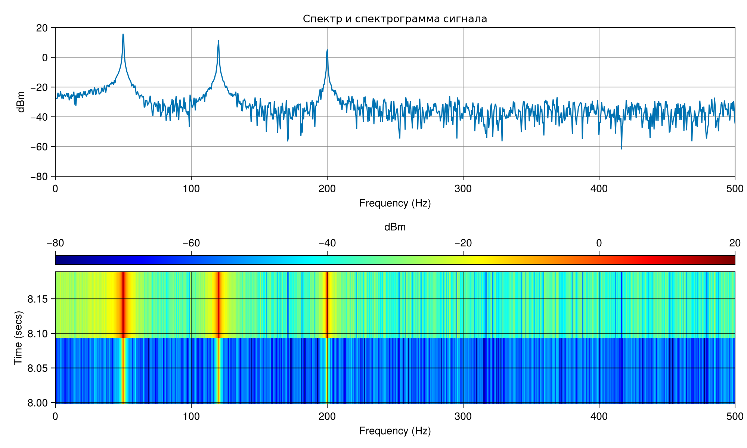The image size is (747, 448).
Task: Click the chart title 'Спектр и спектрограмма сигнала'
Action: coord(395,19)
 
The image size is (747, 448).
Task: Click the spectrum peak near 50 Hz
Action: coord(123,34)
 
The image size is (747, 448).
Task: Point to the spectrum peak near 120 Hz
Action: coord(218,41)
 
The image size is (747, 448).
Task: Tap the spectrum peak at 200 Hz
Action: coord(327,50)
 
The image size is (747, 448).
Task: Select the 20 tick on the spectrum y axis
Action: coord(42,28)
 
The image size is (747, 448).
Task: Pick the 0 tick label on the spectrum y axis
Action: coord(45,57)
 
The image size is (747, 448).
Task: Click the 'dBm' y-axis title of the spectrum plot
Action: coord(21,102)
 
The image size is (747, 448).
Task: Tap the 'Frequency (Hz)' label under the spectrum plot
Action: coord(395,203)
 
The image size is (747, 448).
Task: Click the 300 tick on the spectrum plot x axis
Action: coord(463,189)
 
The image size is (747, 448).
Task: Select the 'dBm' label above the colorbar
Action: coord(395,227)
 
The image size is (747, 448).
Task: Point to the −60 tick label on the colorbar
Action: coord(191,243)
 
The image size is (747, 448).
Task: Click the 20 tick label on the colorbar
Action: coord(735,243)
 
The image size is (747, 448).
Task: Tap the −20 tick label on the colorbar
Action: coord(463,243)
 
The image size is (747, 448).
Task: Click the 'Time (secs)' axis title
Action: coord(18,337)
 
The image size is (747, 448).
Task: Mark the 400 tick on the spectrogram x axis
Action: coord(599,416)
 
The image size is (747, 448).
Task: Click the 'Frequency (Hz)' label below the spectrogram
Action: coord(395,431)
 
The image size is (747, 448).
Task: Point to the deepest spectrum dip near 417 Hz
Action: coord(622,149)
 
